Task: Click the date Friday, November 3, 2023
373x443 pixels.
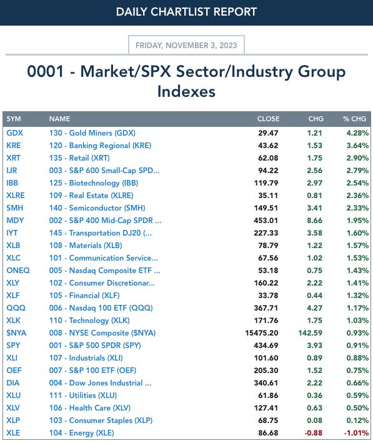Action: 186,45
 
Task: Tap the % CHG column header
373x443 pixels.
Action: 355,119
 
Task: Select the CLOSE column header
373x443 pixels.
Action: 268,119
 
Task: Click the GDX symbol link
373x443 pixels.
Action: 15,133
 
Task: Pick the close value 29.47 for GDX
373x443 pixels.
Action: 268,133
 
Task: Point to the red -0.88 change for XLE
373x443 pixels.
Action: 314,433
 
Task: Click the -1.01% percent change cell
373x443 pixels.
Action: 356,433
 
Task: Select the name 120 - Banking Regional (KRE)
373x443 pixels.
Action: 101,146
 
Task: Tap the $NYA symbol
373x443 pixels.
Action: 16,333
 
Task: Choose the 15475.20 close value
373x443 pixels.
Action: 262,333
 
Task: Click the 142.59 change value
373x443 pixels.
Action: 311,333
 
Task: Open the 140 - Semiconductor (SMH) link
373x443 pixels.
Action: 97,208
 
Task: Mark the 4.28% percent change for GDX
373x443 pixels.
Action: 358,133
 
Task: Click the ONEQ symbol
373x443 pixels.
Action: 18,271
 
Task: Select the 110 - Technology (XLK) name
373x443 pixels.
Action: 89,321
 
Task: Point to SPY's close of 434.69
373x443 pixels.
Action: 266,346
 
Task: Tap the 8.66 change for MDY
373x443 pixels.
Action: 315,221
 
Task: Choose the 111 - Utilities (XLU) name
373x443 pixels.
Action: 83,396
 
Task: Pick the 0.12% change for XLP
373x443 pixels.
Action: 358,421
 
